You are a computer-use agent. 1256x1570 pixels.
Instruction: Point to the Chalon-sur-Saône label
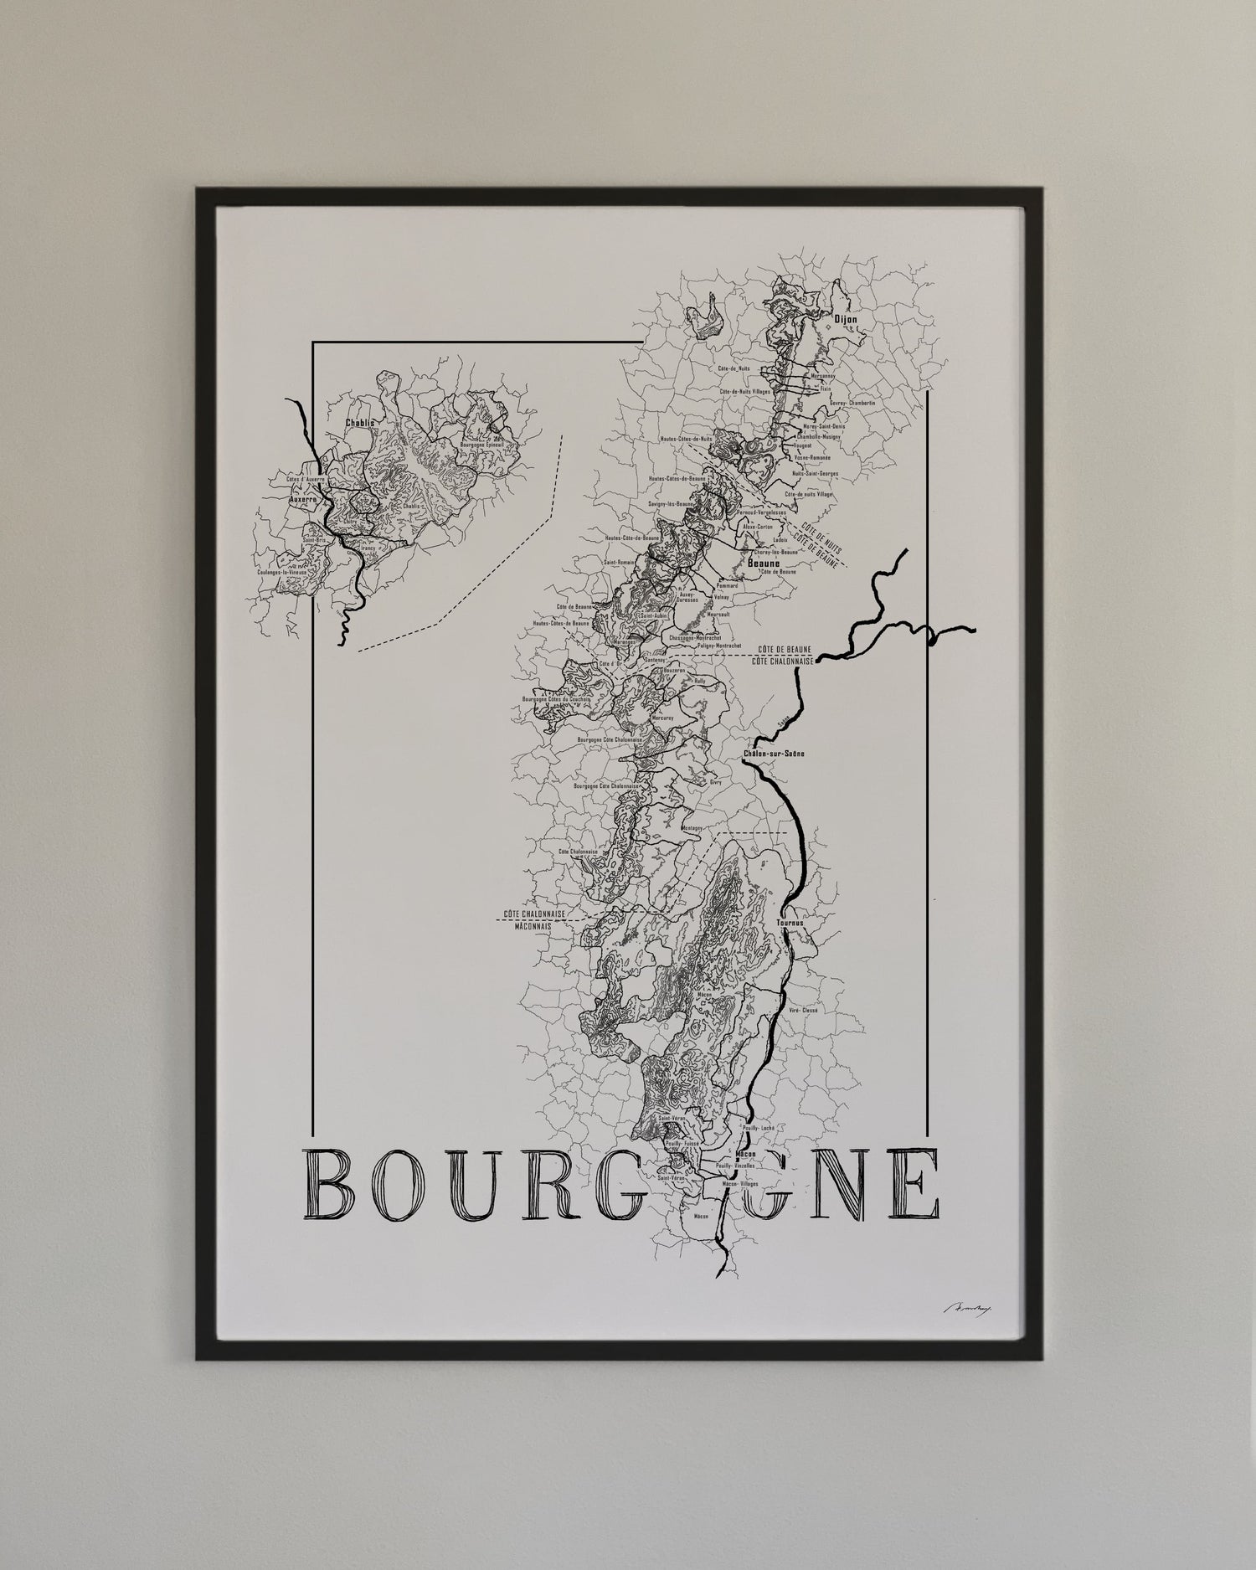(x=773, y=754)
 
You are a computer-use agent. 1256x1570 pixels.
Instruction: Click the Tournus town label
(x=790, y=924)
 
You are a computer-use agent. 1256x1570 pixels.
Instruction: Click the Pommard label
(x=726, y=585)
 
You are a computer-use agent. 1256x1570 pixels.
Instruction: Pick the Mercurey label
(x=664, y=718)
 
